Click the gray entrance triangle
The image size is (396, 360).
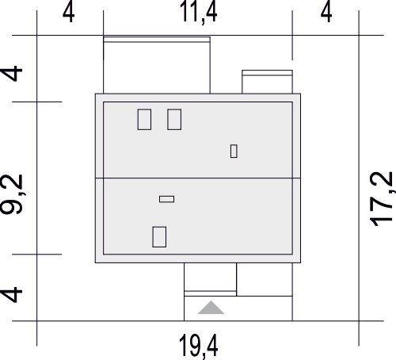[211, 308]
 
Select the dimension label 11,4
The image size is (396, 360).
[198, 13]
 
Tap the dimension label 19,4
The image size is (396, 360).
[199, 347]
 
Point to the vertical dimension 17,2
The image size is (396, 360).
[382, 199]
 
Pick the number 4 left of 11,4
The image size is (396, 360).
[68, 13]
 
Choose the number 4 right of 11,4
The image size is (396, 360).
[326, 13]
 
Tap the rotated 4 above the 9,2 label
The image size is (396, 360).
[12, 74]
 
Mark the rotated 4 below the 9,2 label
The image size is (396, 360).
[12, 294]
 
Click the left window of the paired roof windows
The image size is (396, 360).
[144, 120]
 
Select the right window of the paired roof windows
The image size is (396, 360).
[174, 120]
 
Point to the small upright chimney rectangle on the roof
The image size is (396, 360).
[234, 151]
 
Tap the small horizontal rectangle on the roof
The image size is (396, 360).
[166, 199]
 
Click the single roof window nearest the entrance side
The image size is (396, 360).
[159, 237]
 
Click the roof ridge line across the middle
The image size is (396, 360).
[198, 178]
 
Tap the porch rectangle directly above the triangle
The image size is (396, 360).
[210, 277]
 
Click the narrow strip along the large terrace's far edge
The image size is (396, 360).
[157, 40]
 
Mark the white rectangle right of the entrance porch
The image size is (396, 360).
[265, 279]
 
